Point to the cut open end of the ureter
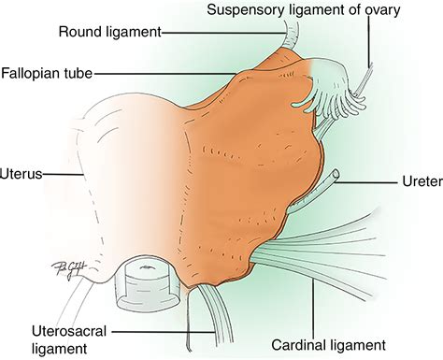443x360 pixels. (x=334, y=173)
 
